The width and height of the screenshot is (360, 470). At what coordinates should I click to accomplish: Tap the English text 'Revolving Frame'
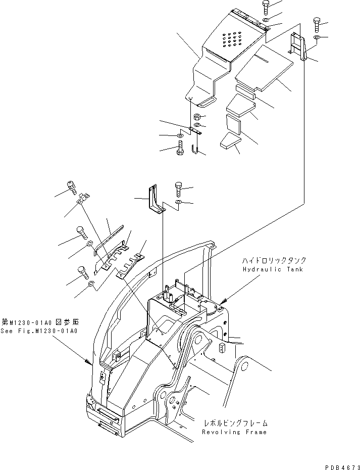234,432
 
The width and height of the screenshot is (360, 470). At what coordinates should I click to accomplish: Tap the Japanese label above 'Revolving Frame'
235,423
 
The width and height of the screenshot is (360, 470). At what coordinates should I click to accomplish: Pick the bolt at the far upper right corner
317,23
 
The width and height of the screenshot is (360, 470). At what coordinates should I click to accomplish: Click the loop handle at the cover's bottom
205,103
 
